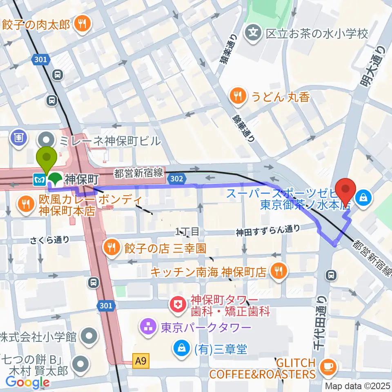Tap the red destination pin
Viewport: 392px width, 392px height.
(x=346, y=192)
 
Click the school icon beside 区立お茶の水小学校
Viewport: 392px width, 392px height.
(x=254, y=32)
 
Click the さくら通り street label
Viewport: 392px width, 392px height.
(x=49, y=240)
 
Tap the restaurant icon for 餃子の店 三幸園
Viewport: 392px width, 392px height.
(x=111, y=247)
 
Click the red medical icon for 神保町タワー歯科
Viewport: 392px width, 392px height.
(x=178, y=306)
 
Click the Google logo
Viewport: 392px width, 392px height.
(x=27, y=382)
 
